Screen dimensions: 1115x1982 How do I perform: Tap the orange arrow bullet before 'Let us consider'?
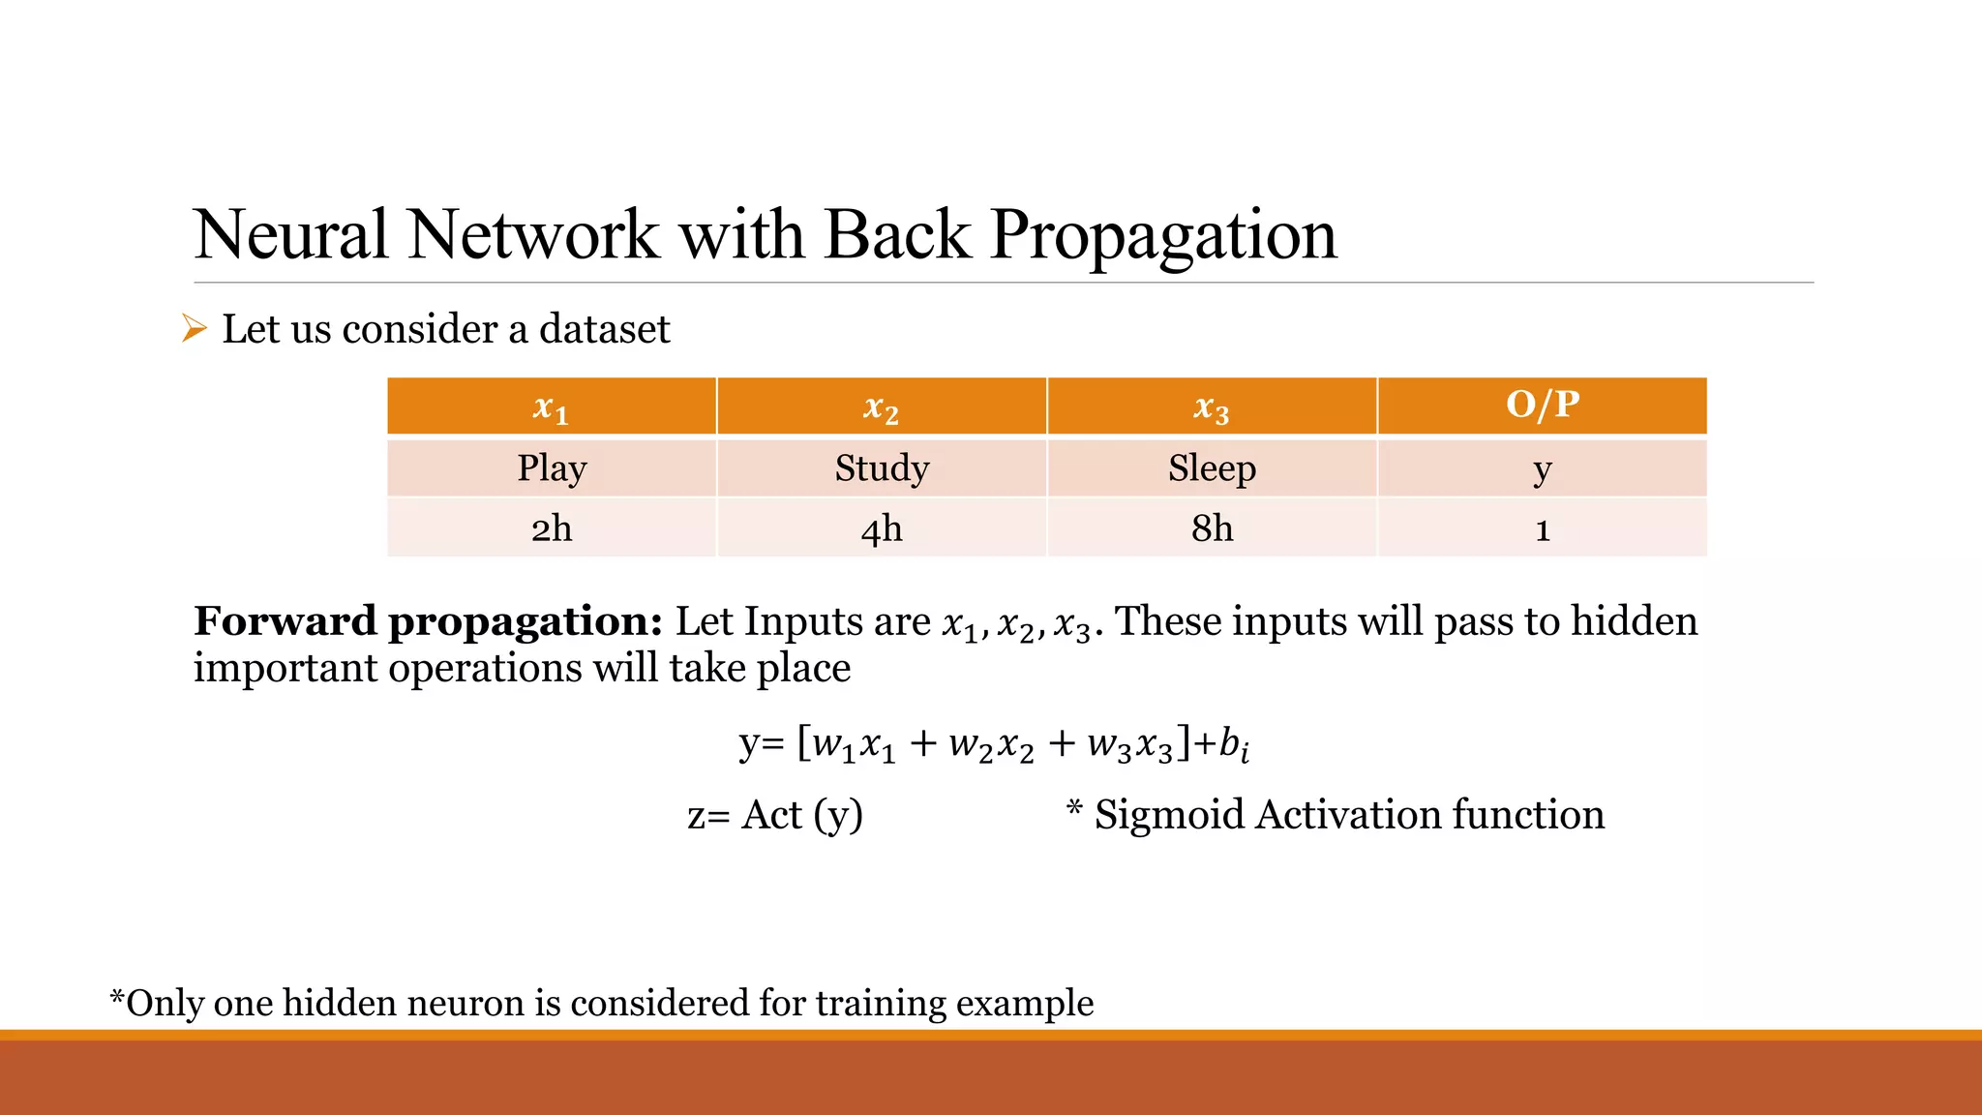click(x=195, y=329)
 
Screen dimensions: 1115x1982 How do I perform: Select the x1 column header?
click(x=551, y=407)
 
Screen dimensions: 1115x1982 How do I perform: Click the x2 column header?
click(x=881, y=407)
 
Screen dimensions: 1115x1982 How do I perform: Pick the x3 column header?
click(x=1212, y=407)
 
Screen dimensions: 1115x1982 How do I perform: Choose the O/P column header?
click(x=1543, y=405)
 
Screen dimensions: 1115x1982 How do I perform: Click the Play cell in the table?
click(x=552, y=468)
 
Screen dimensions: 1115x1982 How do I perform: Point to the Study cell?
click(x=882, y=468)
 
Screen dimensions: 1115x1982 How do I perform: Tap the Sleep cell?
click(x=1212, y=468)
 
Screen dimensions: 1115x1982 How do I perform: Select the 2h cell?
click(x=552, y=528)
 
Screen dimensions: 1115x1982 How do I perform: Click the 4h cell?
click(x=882, y=528)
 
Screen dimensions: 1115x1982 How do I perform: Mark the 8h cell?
click(x=1212, y=528)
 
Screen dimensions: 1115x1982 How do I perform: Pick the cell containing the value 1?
click(x=1543, y=529)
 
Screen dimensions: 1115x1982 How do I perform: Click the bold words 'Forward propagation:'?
click(x=428, y=621)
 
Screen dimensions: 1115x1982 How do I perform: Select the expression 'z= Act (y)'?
click(x=774, y=815)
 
